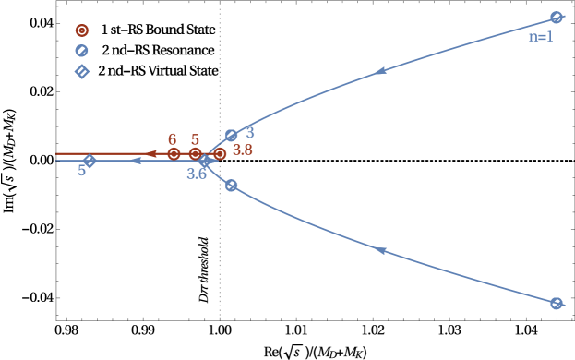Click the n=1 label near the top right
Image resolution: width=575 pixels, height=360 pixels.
tap(540, 37)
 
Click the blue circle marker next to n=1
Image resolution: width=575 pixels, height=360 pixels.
tap(557, 17)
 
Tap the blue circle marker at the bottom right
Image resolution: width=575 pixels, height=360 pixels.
tap(557, 304)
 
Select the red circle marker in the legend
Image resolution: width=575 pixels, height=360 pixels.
tap(82, 30)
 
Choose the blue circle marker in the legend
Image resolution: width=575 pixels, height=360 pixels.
tap(82, 51)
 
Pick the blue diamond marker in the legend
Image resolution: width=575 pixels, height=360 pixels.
tap(82, 71)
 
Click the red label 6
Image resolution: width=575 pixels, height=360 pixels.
tap(173, 139)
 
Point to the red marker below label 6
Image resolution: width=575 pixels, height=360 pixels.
tap(174, 154)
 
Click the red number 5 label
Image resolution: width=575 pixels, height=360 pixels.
tap(195, 140)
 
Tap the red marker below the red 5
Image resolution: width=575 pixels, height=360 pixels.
tap(195, 154)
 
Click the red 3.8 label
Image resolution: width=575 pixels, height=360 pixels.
tap(243, 150)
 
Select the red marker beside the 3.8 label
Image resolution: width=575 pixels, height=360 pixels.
tap(220, 154)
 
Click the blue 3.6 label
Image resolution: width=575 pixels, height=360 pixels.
tap(197, 174)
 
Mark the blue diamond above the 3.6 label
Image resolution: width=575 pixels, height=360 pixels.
tap(205, 161)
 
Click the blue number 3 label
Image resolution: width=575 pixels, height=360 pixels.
tap(250, 134)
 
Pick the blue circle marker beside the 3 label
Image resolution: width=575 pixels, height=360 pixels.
tap(232, 136)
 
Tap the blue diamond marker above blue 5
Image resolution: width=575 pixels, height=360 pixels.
tap(90, 161)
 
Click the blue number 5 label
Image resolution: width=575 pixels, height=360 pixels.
tap(81, 171)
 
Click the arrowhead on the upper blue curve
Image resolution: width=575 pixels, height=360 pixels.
tap(379, 71)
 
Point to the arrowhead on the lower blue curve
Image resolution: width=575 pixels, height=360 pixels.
tap(379, 250)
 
